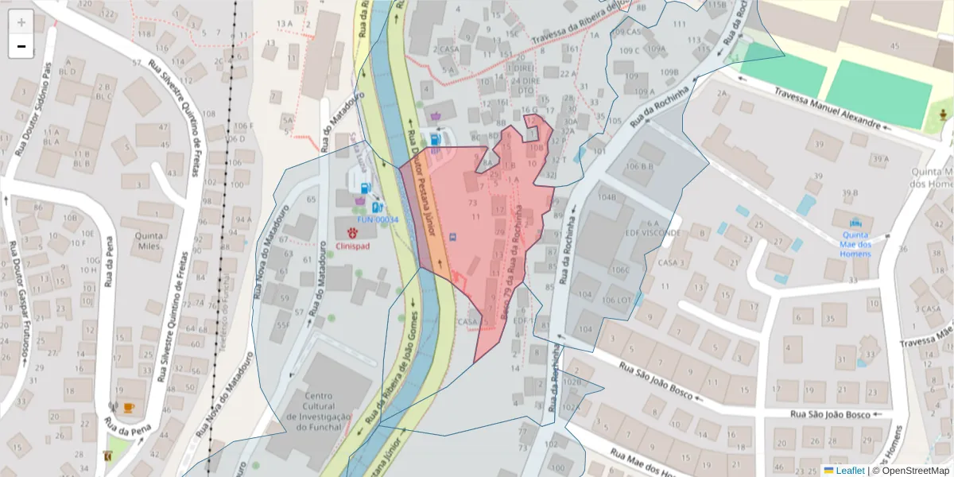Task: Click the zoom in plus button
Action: coord(21,22)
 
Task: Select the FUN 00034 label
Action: coord(377,219)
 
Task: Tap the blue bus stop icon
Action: coord(453,236)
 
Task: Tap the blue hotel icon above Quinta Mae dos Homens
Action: coord(855,223)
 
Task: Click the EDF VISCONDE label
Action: coord(653,233)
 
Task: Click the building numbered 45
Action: coord(895,46)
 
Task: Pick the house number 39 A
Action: coord(879,159)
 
